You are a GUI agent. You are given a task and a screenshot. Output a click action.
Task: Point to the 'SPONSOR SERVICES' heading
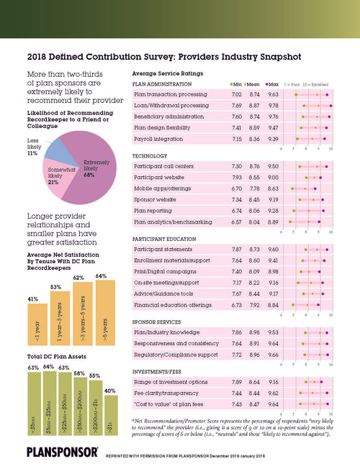[x=158, y=323]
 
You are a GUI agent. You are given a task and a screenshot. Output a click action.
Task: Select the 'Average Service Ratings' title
[x=168, y=74]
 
